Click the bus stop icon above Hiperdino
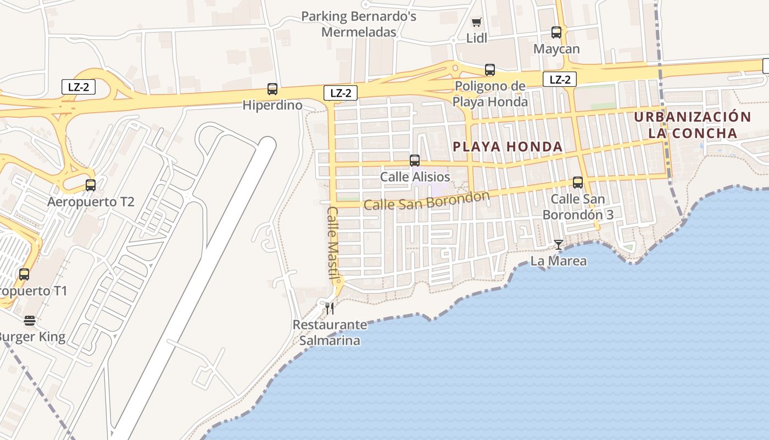click(x=272, y=89)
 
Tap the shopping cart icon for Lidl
click(x=477, y=23)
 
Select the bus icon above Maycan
click(x=556, y=32)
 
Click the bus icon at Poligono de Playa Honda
click(x=489, y=70)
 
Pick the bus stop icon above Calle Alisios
click(x=415, y=161)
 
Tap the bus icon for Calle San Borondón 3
click(x=577, y=182)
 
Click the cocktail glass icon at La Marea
click(x=559, y=244)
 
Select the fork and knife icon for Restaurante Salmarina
click(x=329, y=308)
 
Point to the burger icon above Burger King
click(x=30, y=320)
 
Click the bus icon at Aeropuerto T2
click(x=91, y=185)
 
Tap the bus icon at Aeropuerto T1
click(x=24, y=274)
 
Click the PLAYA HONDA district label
click(x=508, y=147)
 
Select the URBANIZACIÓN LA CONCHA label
click(x=692, y=125)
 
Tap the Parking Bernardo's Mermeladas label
click(x=359, y=24)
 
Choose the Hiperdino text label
click(x=272, y=105)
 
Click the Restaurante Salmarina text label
click(x=330, y=332)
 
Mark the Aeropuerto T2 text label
click(x=91, y=201)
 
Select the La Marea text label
click(x=558, y=261)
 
